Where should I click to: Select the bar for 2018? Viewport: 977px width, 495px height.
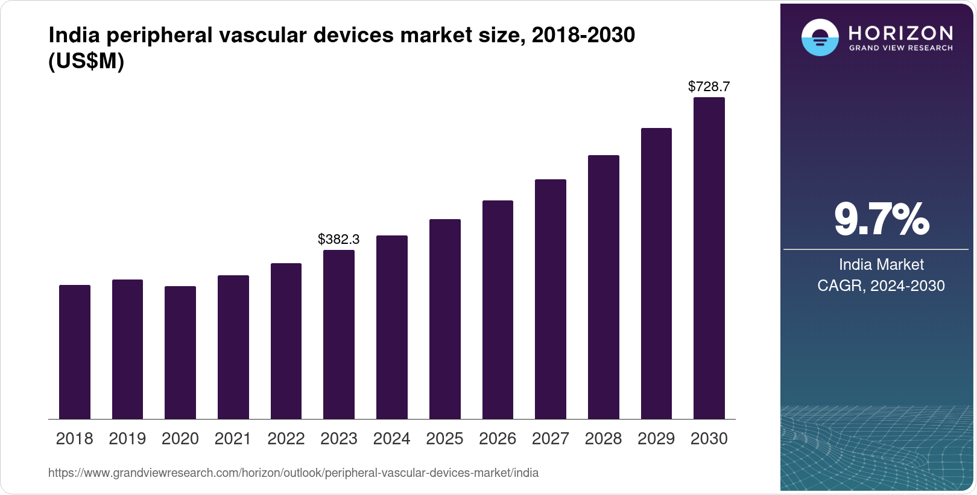(x=75, y=352)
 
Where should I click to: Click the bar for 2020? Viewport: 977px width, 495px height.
(x=180, y=353)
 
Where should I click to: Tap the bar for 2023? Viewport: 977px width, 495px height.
(x=339, y=334)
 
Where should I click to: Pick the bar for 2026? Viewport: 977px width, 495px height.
(x=498, y=310)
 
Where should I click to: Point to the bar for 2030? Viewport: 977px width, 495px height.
(x=709, y=258)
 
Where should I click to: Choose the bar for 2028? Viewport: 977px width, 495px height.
(x=604, y=287)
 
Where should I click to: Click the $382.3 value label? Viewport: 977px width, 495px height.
(x=339, y=240)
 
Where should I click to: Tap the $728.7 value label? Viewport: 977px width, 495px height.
(x=709, y=87)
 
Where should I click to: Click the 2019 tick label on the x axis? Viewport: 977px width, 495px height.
(x=127, y=439)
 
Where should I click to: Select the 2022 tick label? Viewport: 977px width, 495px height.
(x=286, y=439)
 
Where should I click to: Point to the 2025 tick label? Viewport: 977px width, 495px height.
(x=444, y=439)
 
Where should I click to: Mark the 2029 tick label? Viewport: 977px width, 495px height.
(x=656, y=439)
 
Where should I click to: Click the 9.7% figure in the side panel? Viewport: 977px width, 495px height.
(x=882, y=220)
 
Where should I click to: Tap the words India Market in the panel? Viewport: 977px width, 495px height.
(x=881, y=264)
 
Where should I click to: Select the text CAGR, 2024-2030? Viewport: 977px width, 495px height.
(x=881, y=286)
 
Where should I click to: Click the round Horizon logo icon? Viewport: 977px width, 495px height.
(x=820, y=37)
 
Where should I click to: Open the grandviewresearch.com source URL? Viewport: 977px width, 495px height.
(x=293, y=473)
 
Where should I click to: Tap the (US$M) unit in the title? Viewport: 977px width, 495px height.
(x=86, y=62)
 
